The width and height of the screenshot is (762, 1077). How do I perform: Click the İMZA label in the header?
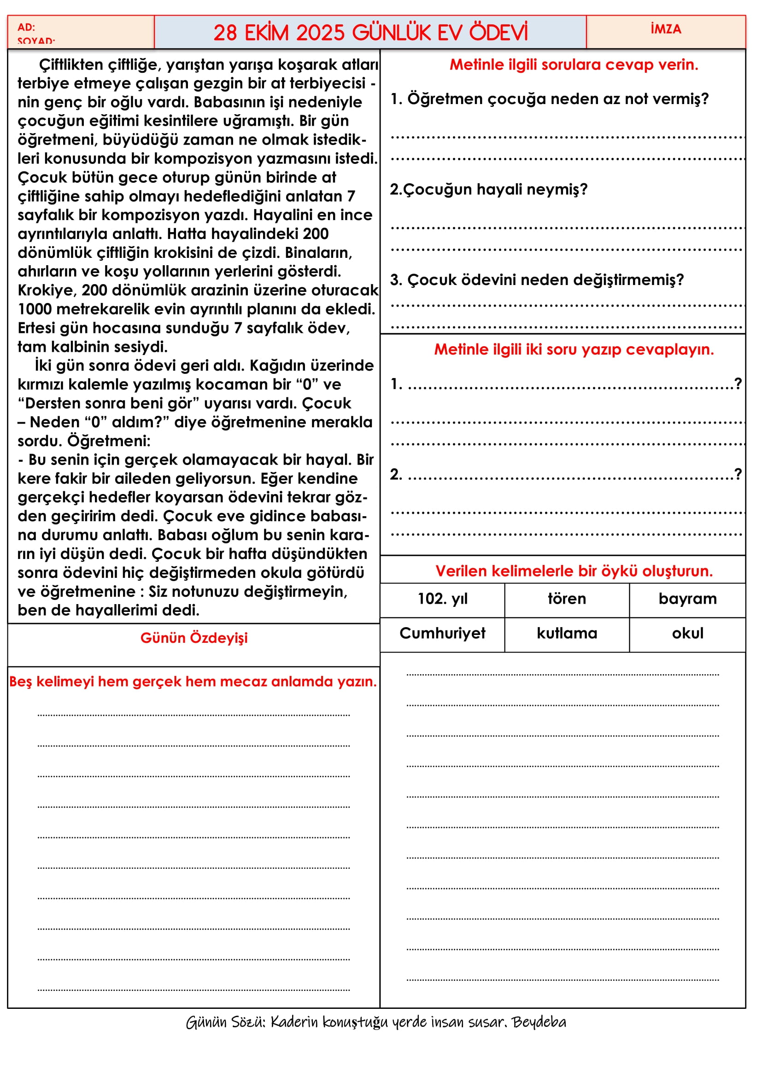coord(665,29)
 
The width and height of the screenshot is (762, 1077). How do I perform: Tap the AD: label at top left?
coord(26,27)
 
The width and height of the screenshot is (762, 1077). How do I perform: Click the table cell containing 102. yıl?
coord(442,599)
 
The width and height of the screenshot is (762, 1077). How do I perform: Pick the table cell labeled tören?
coord(567,599)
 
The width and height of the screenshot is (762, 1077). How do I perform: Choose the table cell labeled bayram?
coord(687,599)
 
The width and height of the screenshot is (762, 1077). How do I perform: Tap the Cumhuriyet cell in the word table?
coord(442,634)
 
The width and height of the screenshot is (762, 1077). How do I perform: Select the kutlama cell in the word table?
coord(567,634)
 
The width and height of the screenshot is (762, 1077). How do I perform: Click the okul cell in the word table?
coord(687,634)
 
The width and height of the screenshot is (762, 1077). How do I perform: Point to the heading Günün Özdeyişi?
coord(194,638)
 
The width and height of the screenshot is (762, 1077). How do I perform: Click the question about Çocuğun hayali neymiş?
coord(488,190)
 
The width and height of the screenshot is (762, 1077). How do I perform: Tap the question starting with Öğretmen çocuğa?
coord(549,99)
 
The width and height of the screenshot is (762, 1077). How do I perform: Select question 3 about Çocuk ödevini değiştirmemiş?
coord(537,280)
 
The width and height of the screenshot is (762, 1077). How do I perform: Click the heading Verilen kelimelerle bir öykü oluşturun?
coord(574,571)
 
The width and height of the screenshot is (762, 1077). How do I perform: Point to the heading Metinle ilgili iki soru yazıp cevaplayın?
coord(574,349)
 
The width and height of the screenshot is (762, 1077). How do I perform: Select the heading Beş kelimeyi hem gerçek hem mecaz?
coord(193,681)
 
